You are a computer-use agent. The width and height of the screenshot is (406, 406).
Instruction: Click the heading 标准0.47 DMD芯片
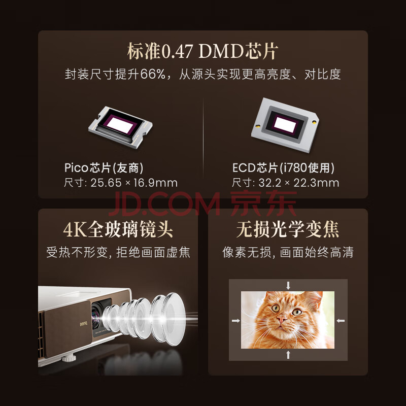(x=202, y=51)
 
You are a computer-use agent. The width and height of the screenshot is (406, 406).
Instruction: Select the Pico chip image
(x=120, y=127)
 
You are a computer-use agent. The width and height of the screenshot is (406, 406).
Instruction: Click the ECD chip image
(x=285, y=124)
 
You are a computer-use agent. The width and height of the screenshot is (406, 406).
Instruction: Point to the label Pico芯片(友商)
(x=104, y=168)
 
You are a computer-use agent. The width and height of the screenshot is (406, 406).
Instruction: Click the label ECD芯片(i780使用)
(x=283, y=168)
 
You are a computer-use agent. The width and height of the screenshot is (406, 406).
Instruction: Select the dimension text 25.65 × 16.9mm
(x=134, y=183)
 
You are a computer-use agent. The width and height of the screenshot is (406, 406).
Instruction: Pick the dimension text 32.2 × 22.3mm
(x=299, y=183)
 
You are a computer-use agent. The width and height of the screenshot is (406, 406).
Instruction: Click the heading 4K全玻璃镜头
(x=118, y=229)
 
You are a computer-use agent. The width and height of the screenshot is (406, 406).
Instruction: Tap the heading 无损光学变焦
(x=288, y=229)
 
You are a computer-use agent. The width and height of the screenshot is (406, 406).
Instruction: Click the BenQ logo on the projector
(x=83, y=324)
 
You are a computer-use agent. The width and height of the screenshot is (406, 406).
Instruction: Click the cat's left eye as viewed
(x=275, y=308)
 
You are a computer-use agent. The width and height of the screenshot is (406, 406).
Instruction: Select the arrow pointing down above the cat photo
(x=288, y=286)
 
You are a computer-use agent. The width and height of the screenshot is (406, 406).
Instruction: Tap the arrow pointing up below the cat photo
(x=288, y=355)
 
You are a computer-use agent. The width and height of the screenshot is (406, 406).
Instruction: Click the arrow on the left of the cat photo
(x=235, y=321)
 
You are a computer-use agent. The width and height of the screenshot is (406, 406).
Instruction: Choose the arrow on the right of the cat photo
(x=341, y=321)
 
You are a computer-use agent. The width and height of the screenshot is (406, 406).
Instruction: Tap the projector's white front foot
(x=69, y=358)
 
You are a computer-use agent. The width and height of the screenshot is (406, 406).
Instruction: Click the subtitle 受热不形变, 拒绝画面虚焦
(x=118, y=252)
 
